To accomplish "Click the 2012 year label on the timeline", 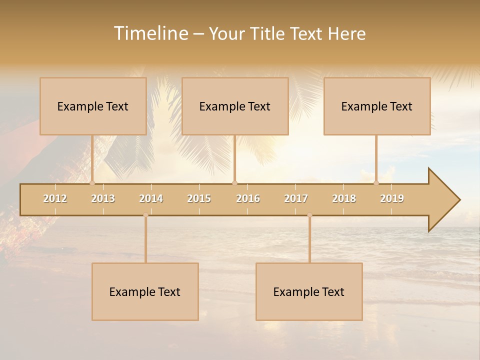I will pyautogui.click(x=55, y=198).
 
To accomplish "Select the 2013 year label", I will pyautogui.click(x=103, y=198).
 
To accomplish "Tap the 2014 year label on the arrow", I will pyautogui.click(x=151, y=198).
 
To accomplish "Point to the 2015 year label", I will pyautogui.click(x=199, y=198).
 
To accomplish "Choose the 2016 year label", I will pyautogui.click(x=248, y=198).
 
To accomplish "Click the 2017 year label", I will pyautogui.click(x=296, y=198).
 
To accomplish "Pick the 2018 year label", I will pyautogui.click(x=344, y=198).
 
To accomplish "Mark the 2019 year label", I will pyautogui.click(x=392, y=198).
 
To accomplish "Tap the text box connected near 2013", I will pyautogui.click(x=93, y=106).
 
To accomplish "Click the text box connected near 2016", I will pyautogui.click(x=235, y=106).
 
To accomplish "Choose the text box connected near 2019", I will pyautogui.click(x=377, y=106).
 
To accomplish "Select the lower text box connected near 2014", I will pyautogui.click(x=145, y=291).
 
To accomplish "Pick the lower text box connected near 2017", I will pyautogui.click(x=309, y=291).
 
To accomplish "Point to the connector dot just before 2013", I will pyautogui.click(x=92, y=183).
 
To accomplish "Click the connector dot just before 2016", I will pyautogui.click(x=234, y=183).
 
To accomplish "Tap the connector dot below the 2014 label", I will pyautogui.click(x=145, y=215).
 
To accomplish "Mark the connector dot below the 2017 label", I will pyautogui.click(x=309, y=215).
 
